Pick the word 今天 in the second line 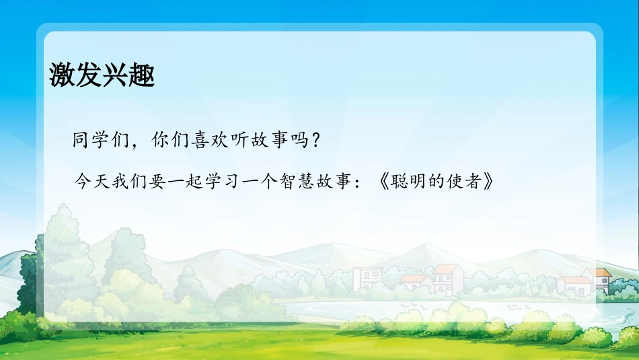tap(91, 182)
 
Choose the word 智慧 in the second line tap(303, 182)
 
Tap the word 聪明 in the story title tap(411, 182)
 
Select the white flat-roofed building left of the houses tap(367, 277)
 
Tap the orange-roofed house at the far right tap(597, 279)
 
